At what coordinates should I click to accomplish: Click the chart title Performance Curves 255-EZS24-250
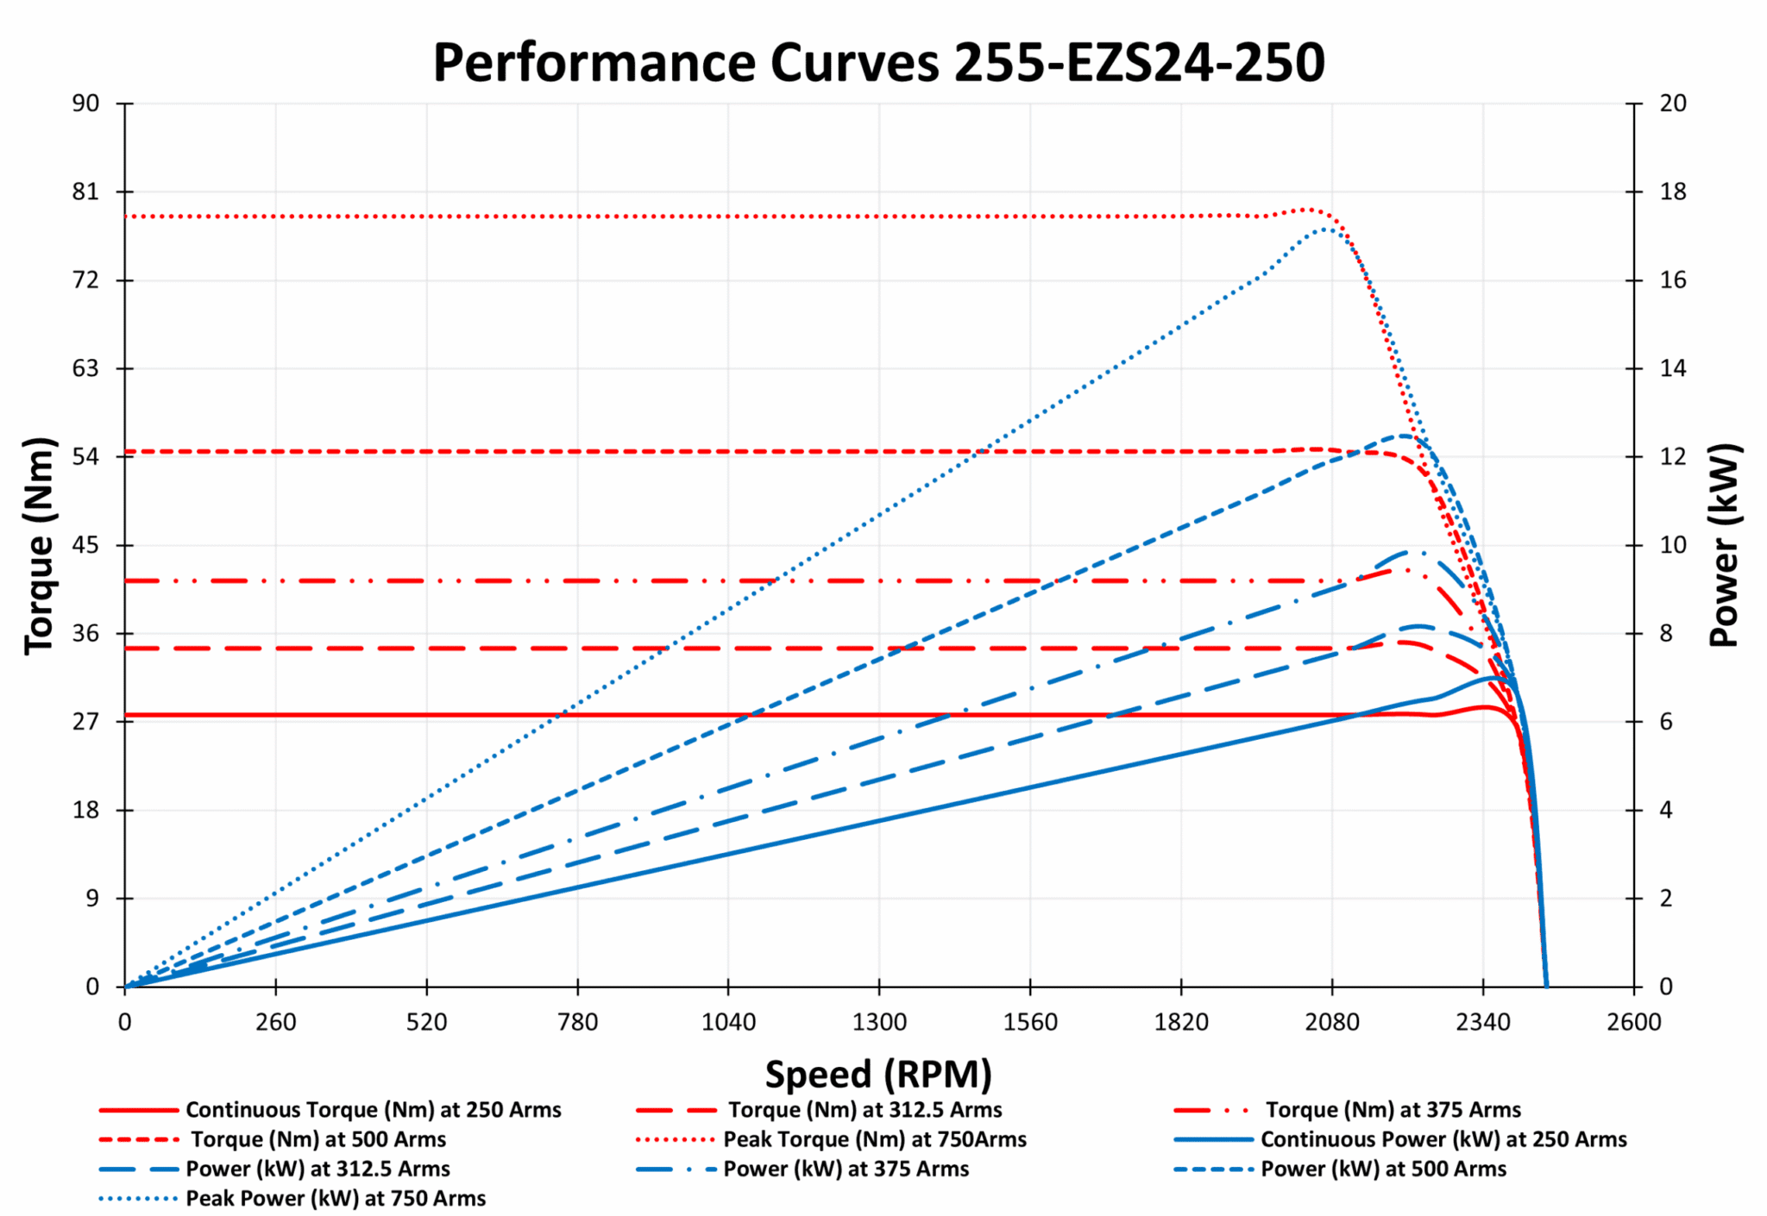pyautogui.click(x=878, y=63)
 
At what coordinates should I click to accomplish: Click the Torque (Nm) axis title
pyautogui.click(x=40, y=545)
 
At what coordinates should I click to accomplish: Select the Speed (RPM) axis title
pyautogui.click(x=878, y=1075)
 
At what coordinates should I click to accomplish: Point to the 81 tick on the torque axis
pyautogui.click(x=85, y=191)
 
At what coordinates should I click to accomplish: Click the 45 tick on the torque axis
pyautogui.click(x=85, y=545)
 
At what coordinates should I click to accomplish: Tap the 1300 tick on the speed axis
pyautogui.click(x=878, y=1023)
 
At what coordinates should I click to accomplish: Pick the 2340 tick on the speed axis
pyautogui.click(x=1482, y=1023)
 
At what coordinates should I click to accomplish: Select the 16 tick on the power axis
pyautogui.click(x=1672, y=280)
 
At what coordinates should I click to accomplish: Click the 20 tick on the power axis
pyautogui.click(x=1672, y=103)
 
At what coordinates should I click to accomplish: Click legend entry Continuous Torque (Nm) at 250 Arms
pyautogui.click(x=373, y=1110)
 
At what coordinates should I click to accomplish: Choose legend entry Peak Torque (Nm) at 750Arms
pyautogui.click(x=874, y=1139)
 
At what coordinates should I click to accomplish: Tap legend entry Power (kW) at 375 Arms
pyautogui.click(x=846, y=1169)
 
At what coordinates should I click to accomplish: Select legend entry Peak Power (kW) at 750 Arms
pyautogui.click(x=336, y=1198)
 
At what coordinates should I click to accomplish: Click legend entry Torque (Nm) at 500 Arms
pyautogui.click(x=318, y=1139)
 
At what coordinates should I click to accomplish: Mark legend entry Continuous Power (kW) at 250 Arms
pyautogui.click(x=1443, y=1139)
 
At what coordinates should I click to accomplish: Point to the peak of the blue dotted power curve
pyautogui.click(x=1325, y=229)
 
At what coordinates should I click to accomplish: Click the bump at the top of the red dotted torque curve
pyautogui.click(x=1310, y=210)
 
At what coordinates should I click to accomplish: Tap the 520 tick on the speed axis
pyautogui.click(x=426, y=1023)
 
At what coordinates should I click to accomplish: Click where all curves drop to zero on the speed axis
pyautogui.click(x=1545, y=986)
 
